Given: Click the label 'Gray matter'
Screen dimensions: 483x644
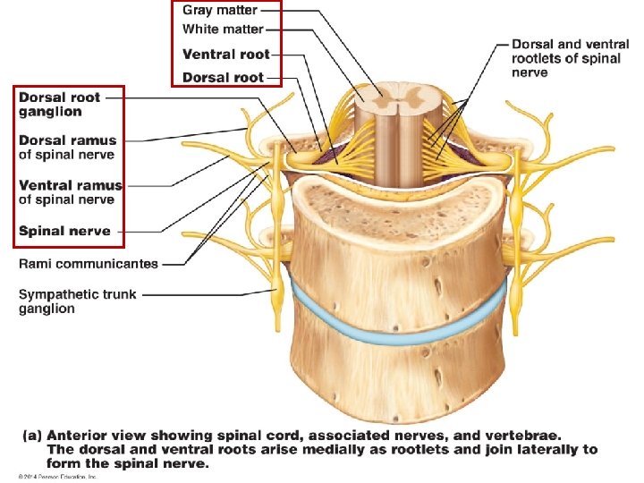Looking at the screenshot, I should click(219, 11).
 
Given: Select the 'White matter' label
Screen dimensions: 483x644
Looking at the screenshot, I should click(223, 30).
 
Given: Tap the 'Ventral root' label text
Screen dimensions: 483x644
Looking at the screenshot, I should click(225, 54).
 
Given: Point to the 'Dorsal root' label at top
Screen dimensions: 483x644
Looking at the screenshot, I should click(223, 77).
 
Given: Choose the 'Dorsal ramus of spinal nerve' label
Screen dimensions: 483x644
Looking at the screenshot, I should click(68, 147).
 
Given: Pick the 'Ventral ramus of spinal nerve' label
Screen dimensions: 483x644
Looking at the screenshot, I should click(70, 191).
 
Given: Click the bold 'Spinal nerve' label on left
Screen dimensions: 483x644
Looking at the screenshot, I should click(64, 231).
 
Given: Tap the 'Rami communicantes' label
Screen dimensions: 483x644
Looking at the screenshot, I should click(89, 264).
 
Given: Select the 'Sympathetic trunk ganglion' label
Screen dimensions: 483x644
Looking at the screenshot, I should click(77, 301).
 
